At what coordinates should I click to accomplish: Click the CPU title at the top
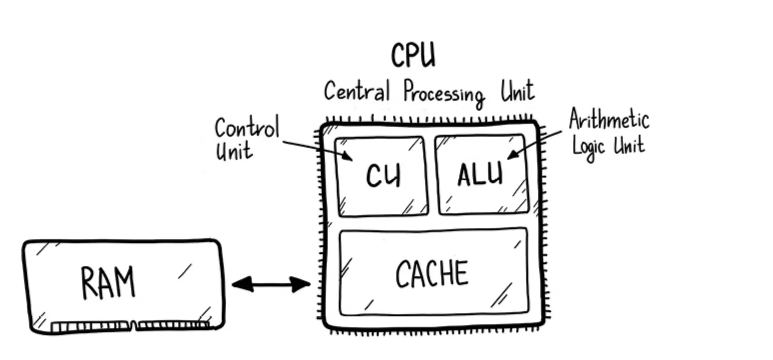click(x=413, y=55)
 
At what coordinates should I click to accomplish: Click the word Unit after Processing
click(x=517, y=91)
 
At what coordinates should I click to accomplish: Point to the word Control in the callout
click(x=247, y=129)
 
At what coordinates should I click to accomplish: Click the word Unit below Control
click(x=233, y=150)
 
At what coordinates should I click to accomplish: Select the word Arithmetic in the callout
click(x=608, y=120)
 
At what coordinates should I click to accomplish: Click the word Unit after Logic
click(x=629, y=144)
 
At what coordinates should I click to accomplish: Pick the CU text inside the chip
click(x=383, y=176)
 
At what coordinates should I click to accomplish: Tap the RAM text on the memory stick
click(x=108, y=282)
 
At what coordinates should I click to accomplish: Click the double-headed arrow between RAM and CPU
click(x=271, y=285)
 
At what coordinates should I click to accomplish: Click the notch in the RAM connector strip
click(x=134, y=327)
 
